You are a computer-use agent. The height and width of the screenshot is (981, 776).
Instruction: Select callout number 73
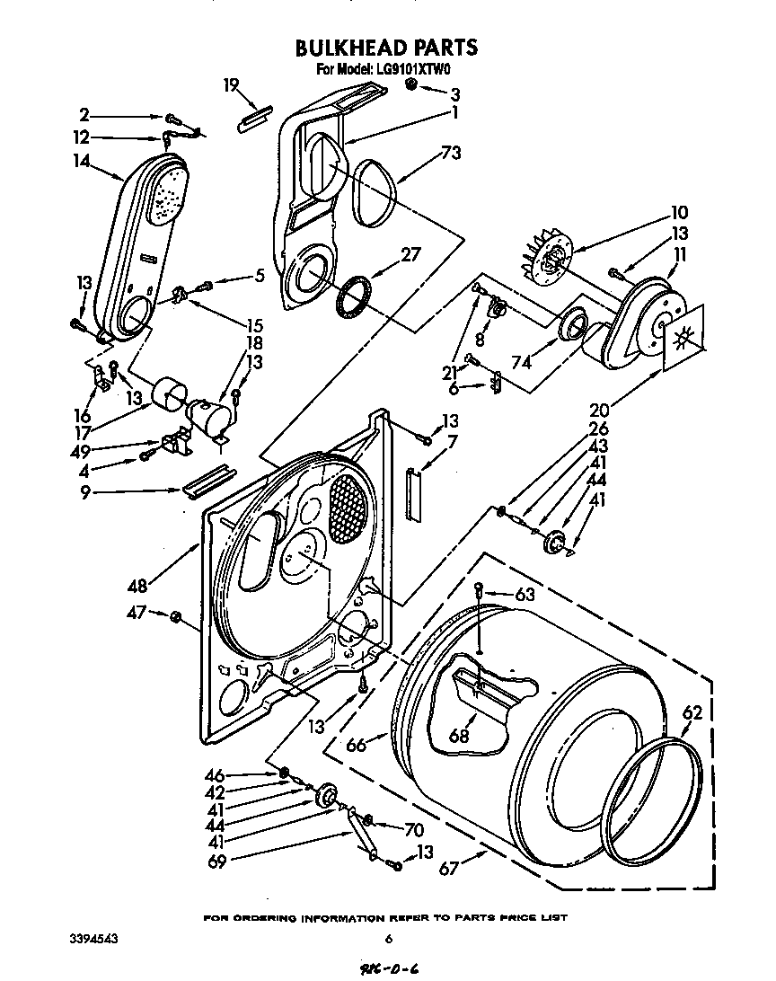(x=451, y=153)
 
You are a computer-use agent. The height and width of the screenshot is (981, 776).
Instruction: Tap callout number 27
(x=410, y=253)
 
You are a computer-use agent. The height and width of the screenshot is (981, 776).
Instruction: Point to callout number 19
(x=232, y=85)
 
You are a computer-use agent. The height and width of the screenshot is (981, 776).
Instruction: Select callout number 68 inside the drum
(x=460, y=735)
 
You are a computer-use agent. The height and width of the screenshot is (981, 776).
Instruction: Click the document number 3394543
(x=94, y=939)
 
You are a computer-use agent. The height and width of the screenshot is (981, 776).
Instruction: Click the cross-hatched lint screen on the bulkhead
(x=348, y=508)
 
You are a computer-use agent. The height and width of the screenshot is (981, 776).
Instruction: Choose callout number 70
(x=413, y=831)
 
